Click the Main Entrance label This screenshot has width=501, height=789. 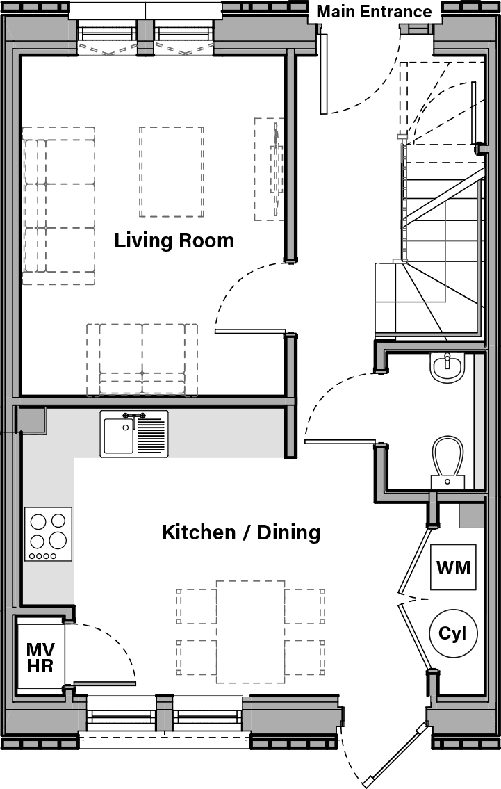[x=374, y=12]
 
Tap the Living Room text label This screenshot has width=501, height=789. [x=174, y=241]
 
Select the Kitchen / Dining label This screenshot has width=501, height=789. [x=240, y=532]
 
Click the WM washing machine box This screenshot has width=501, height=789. [x=453, y=567]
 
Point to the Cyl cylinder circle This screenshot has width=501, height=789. [x=453, y=633]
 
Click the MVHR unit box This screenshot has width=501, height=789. [x=40, y=657]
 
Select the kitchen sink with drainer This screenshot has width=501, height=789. [x=134, y=434]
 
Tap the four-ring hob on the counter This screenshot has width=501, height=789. [x=49, y=534]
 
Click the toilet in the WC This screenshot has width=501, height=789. [x=448, y=461]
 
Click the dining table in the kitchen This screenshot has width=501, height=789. [x=250, y=631]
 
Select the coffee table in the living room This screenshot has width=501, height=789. [x=172, y=172]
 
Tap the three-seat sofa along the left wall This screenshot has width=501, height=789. [x=58, y=206]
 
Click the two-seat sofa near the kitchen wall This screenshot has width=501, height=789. [x=142, y=359]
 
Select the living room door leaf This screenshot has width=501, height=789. [x=250, y=331]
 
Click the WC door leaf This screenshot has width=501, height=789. [x=340, y=441]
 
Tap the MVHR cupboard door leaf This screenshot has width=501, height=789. [x=104, y=684]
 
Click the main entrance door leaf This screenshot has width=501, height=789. [x=323, y=74]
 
